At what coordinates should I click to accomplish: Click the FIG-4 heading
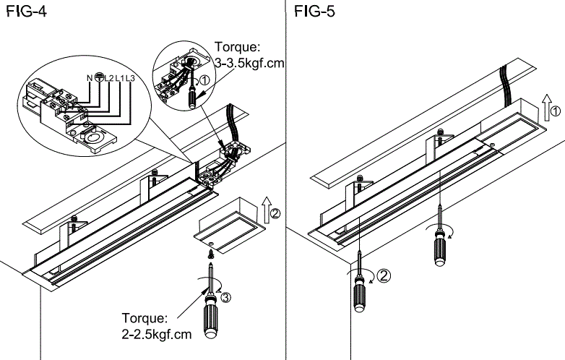(x=22, y=12)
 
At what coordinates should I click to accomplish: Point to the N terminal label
(x=90, y=77)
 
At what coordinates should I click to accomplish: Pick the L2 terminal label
(x=107, y=77)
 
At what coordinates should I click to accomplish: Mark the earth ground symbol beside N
(x=98, y=77)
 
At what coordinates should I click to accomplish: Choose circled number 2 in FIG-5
(x=384, y=275)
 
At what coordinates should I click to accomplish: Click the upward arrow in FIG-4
(x=264, y=208)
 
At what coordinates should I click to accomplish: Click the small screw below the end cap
(x=210, y=252)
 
